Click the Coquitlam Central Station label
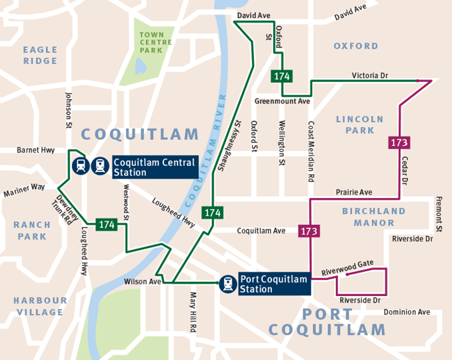tap(153, 167)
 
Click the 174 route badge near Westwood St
tap(107, 225)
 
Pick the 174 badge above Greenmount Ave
tap(282, 76)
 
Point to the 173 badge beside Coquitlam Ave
tap(309, 231)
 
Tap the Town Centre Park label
tap(155, 42)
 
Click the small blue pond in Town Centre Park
tap(141, 65)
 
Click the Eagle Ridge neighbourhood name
tap(40, 55)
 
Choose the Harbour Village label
tap(40, 306)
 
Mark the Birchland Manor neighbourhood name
tap(373, 217)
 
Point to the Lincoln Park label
tap(360, 125)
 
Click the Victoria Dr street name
tap(369, 76)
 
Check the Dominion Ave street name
tap(406, 312)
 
